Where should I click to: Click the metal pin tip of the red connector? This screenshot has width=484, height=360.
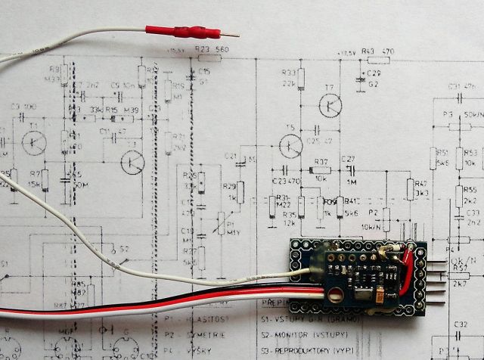tap(231, 35)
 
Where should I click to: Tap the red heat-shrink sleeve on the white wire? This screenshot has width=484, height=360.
tap(181, 32)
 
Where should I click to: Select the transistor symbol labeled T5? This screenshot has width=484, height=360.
tap(290, 145)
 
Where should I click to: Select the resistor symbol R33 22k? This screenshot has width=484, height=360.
tap(300, 78)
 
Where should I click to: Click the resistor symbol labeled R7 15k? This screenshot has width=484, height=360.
tap(45, 179)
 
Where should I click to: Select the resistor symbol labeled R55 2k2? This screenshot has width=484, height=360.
tap(459, 196)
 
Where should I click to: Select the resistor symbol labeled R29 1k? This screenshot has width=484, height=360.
tap(240, 192)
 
